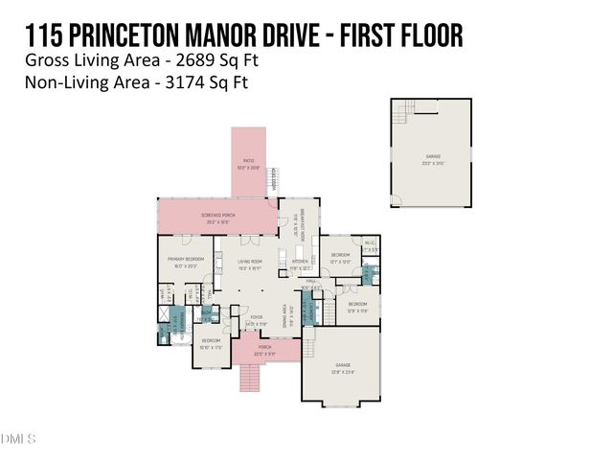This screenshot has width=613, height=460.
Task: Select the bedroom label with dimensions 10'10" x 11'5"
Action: [211, 343]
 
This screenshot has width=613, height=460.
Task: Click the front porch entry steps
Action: [251, 376]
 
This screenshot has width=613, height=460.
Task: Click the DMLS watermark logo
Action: [18, 440]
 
